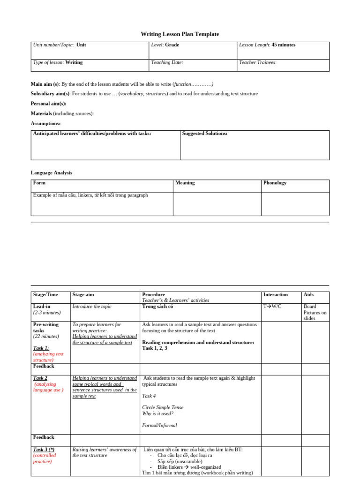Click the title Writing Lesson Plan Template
tap(180, 34)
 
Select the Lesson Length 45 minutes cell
tap(267, 45)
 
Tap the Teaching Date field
tap(167, 62)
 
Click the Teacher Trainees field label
tap(258, 62)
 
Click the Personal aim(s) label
tap(49, 104)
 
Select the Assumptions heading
tap(45, 123)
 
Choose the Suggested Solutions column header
tap(204, 134)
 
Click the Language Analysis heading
tap(52, 172)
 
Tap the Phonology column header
tap(275, 183)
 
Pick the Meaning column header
tap(185, 183)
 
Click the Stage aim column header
tap(83, 294)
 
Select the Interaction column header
tap(276, 294)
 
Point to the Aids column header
tap(308, 294)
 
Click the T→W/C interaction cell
tap(272, 307)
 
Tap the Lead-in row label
tap(42, 307)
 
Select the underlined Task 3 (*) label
tap(44, 450)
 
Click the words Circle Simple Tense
tap(163, 407)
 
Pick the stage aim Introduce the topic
tap(92, 307)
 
